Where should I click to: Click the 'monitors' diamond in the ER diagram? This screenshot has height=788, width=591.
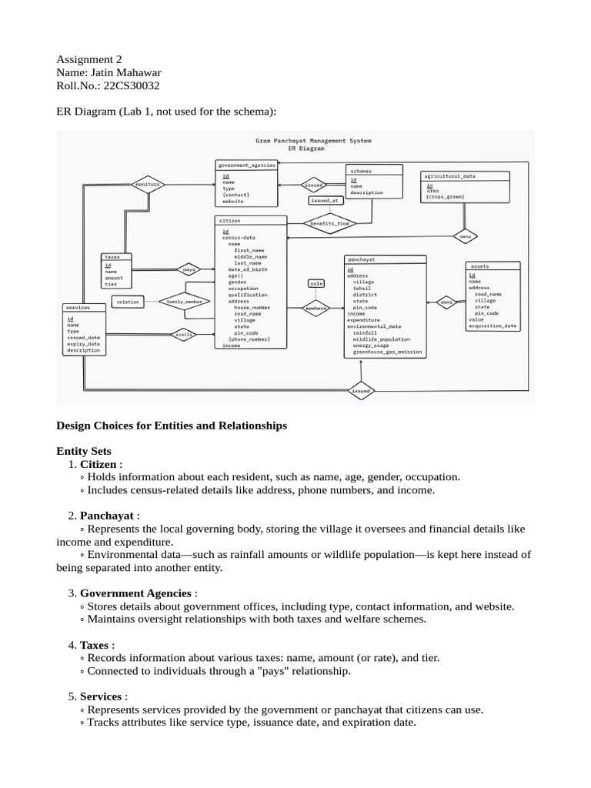pos(147,185)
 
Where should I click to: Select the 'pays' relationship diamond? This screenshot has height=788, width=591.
pos(188,269)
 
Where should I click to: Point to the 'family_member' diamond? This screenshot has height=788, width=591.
pos(185,302)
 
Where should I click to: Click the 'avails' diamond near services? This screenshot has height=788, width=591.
pos(185,334)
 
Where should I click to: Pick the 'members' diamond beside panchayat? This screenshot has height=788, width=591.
pos(316,308)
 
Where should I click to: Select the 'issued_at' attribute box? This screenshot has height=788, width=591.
pos(325,200)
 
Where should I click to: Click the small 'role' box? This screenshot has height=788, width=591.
pos(316,283)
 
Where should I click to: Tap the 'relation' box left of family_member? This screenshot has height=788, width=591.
pos(128,302)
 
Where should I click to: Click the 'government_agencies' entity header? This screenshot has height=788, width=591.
pos(246,165)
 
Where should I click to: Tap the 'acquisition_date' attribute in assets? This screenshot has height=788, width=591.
pos(492,326)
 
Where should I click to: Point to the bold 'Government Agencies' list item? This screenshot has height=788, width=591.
pos(135,593)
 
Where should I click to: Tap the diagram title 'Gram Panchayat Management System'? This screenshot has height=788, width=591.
pos(313,141)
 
